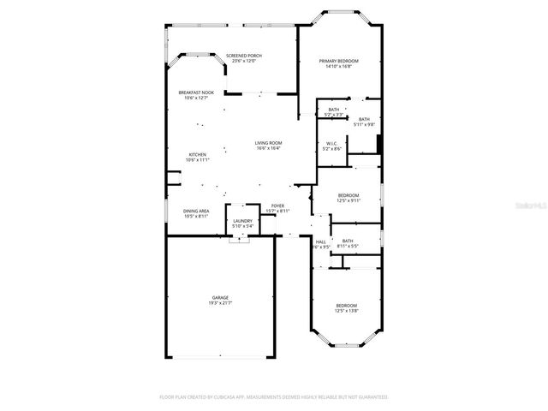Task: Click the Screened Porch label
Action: (x=244, y=56)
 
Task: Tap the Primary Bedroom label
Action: (x=339, y=61)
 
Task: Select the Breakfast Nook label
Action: (x=196, y=92)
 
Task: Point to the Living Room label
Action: (x=268, y=143)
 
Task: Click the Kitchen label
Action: (x=198, y=155)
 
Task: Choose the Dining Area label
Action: (x=196, y=211)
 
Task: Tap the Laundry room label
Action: (x=242, y=221)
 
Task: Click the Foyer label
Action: (x=277, y=205)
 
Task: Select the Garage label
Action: (x=220, y=297)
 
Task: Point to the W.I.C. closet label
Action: (x=331, y=144)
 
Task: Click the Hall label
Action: (x=321, y=241)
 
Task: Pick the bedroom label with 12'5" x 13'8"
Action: (x=346, y=306)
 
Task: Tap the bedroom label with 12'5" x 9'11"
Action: (x=348, y=195)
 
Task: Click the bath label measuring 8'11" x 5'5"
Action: (x=348, y=241)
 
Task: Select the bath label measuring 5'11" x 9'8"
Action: (x=364, y=119)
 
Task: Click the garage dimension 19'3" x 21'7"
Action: (x=220, y=302)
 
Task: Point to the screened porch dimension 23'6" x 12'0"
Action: (x=244, y=62)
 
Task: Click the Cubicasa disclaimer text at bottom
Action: (x=274, y=397)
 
